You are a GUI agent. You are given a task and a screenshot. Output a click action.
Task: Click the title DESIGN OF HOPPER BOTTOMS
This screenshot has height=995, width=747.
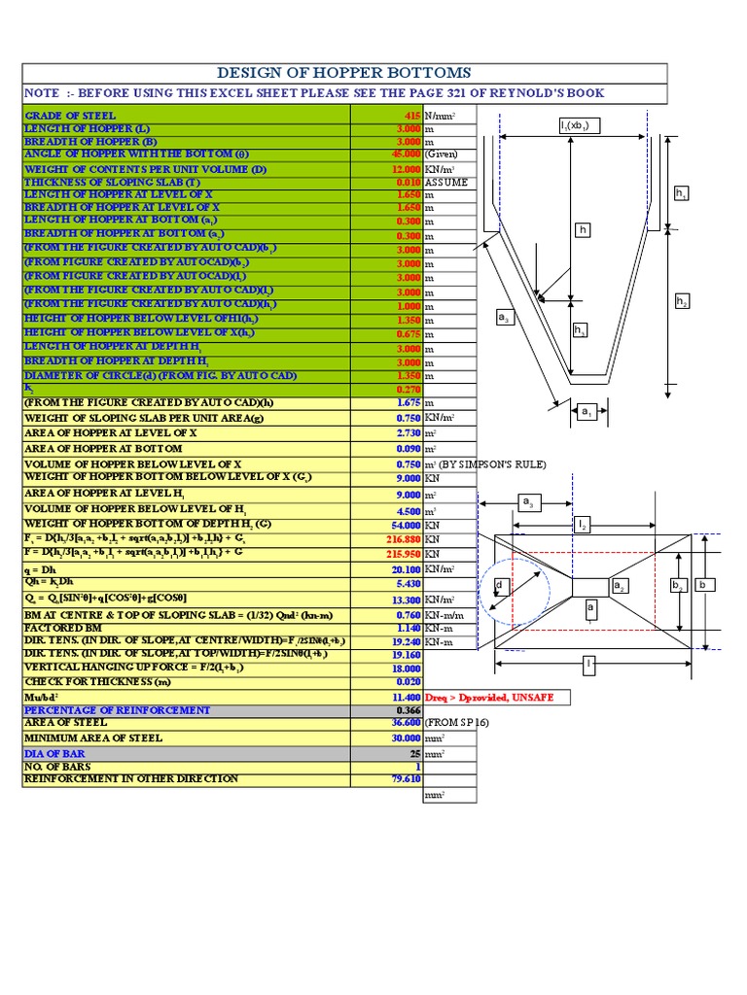coord(345,73)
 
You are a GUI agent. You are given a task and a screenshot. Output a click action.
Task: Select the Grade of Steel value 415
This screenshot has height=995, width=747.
coord(409,116)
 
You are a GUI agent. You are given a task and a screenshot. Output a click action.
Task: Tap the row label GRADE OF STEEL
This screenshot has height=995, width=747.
coord(69,116)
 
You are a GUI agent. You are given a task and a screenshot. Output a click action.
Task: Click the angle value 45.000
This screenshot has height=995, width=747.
coord(402,154)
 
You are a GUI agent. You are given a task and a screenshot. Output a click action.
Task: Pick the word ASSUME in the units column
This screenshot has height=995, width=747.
coord(445,182)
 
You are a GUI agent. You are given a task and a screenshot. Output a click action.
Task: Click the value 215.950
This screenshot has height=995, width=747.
coord(401,552)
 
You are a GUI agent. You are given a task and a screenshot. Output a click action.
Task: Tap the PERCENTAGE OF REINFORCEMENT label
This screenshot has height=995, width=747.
coord(117,710)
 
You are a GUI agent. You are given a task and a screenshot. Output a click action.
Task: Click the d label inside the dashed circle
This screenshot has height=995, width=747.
coord(499,585)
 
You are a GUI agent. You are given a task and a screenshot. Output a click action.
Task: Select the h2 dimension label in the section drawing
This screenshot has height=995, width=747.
coord(682,302)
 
